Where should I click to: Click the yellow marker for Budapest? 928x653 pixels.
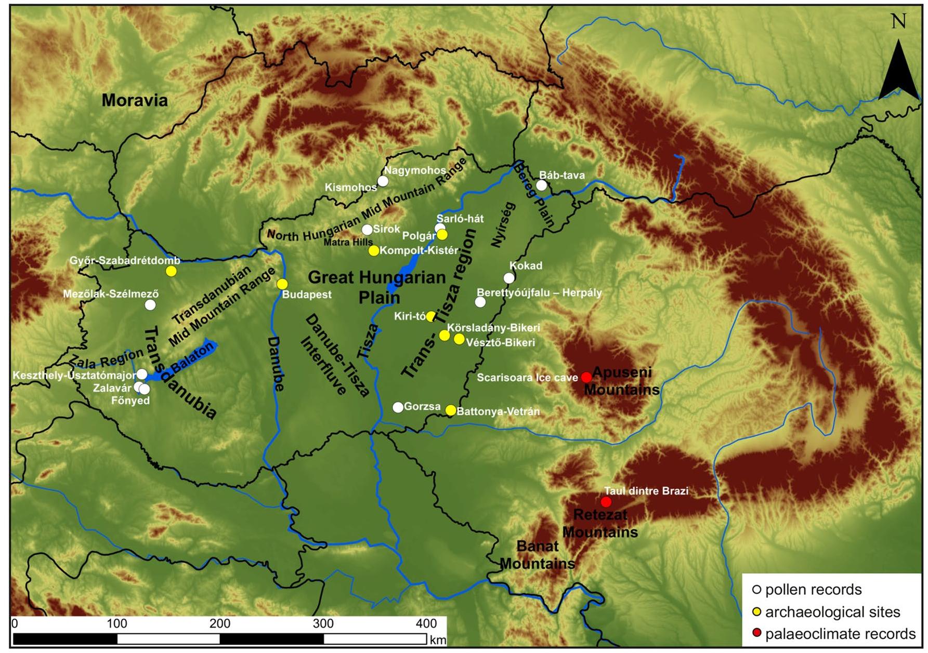coord(282,284)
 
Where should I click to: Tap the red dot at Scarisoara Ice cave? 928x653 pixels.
coord(586,377)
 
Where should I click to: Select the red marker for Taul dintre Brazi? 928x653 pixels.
coord(606,502)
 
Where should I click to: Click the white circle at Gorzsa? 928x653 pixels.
coord(398,407)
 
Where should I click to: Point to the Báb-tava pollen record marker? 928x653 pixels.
coord(542,185)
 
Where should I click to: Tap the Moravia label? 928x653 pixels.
coord(135,100)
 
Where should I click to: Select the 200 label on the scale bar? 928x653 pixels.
coord(219,623)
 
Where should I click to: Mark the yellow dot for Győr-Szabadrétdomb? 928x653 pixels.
coord(171,271)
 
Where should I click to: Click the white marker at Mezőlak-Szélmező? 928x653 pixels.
coord(150,305)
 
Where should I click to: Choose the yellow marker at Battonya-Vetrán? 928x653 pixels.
coord(451,410)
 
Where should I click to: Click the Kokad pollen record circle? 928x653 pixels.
coord(509,278)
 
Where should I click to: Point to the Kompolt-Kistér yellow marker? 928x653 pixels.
coord(374,251)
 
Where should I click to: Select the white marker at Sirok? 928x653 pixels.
coord(367,230)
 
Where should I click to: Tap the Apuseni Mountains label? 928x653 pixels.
coord(621,381)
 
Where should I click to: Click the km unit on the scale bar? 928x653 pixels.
coord(438,640)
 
